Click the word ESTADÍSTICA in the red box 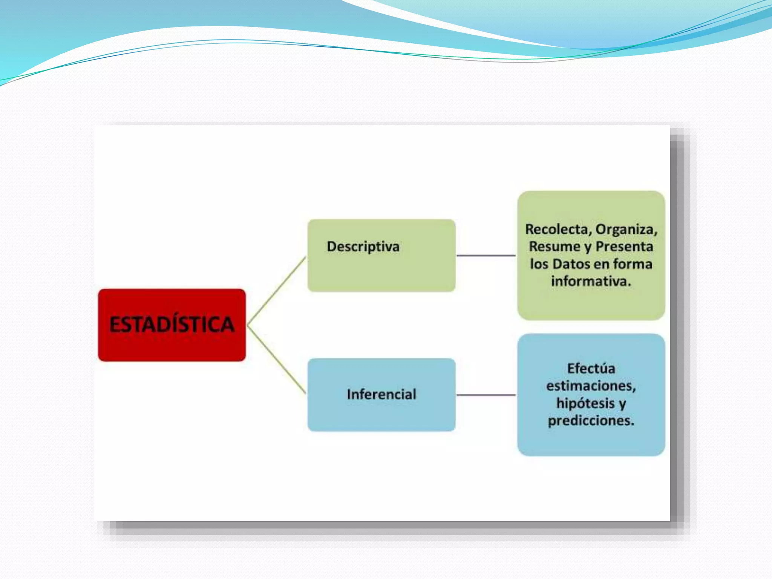172,325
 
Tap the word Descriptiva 363,247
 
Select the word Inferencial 381,394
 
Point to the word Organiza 626,229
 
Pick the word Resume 554,247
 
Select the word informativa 591,281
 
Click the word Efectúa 591,368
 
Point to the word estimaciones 591,386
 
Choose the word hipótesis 585,403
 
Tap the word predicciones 591,420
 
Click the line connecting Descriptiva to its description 486,256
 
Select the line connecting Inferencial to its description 486,395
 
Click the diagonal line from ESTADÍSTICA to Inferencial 276,359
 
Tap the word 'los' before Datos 539,264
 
